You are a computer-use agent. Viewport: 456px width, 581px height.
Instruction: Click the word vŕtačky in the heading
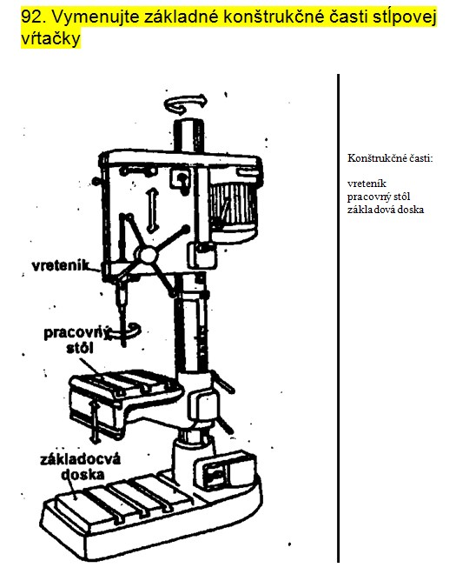pos(50,37)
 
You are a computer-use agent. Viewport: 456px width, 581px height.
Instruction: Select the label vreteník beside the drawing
pos(62,265)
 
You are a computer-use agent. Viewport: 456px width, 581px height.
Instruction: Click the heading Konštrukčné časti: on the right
pos(390,158)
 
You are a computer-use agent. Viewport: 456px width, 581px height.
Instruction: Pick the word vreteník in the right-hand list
pos(367,184)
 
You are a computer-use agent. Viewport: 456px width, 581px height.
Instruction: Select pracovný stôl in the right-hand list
pos(379,197)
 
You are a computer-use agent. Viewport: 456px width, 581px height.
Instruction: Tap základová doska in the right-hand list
pos(386,210)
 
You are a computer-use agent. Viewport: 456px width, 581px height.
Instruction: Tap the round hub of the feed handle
pos(147,255)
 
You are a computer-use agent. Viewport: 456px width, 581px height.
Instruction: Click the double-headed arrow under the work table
pos(96,423)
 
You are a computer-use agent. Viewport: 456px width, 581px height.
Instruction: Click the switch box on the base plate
pos(224,471)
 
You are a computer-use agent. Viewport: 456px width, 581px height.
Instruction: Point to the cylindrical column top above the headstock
pos(189,135)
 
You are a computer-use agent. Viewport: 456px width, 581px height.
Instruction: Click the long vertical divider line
pos(338,318)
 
